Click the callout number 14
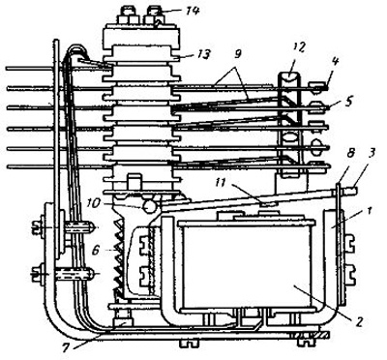[193, 11]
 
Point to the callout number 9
[237, 54]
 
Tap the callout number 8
[350, 153]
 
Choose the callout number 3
[372, 153]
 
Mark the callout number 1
[370, 211]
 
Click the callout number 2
[360, 320]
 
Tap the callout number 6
[96, 250]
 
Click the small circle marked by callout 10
[149, 206]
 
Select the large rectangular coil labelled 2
[248, 264]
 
